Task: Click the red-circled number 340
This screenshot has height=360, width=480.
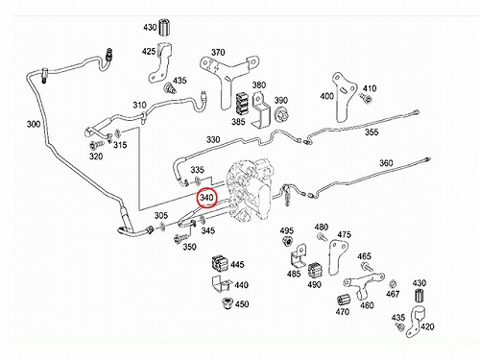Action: pos(206,198)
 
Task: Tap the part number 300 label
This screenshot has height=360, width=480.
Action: pos(34,124)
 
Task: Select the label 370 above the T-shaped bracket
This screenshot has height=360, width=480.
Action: pos(218,52)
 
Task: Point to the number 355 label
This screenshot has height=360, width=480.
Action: pos(372,132)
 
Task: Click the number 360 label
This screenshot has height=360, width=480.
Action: pos(386,163)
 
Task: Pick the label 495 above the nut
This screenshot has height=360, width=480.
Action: pos(287,230)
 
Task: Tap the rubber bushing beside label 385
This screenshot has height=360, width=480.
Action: pos(242,104)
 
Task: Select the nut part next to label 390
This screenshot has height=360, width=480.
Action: pos(281,114)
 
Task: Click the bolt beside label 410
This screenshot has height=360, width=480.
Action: pos(366,98)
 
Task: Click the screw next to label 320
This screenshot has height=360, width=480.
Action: pos(95,145)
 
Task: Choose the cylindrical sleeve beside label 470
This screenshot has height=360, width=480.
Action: pos(344,300)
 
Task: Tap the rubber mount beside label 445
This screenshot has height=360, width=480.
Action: pos(220,264)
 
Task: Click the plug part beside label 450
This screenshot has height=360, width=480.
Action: pos(227,302)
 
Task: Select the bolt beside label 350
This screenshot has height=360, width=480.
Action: pos(180,238)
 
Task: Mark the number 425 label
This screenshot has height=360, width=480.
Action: pos(149,51)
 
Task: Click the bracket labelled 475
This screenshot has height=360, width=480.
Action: pos(337,257)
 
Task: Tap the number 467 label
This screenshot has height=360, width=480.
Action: pos(393,294)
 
